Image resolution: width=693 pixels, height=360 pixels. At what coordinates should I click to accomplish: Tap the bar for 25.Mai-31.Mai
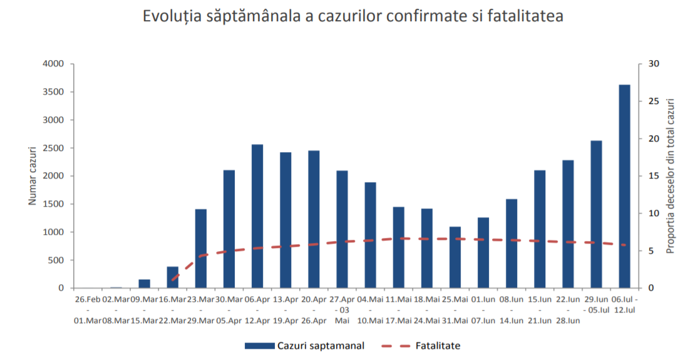tap(454, 257)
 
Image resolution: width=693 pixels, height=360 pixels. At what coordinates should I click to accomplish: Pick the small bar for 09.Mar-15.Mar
tap(144, 284)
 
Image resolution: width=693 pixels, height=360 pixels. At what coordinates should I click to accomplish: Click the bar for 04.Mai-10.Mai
tap(370, 235)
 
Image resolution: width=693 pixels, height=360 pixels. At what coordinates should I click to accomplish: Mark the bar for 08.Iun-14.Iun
tap(511, 244)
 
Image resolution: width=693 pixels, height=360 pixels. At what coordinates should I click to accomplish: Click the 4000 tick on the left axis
tap(54, 64)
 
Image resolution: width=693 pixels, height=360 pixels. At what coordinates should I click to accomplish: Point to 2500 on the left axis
tap(54, 148)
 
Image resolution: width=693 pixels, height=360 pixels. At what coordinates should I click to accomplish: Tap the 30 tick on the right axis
tap(653, 64)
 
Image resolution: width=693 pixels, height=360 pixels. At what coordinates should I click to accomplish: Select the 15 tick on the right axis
tap(653, 176)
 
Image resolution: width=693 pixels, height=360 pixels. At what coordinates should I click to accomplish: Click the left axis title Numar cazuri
tap(33, 175)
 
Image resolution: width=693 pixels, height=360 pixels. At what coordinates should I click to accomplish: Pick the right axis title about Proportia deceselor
tap(670, 175)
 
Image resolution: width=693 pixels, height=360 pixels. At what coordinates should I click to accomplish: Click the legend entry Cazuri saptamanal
tap(304, 345)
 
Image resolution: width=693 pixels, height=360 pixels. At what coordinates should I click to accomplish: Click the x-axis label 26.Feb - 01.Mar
tap(88, 310)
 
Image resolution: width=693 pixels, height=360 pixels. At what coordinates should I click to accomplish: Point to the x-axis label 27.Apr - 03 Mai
tap(342, 310)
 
